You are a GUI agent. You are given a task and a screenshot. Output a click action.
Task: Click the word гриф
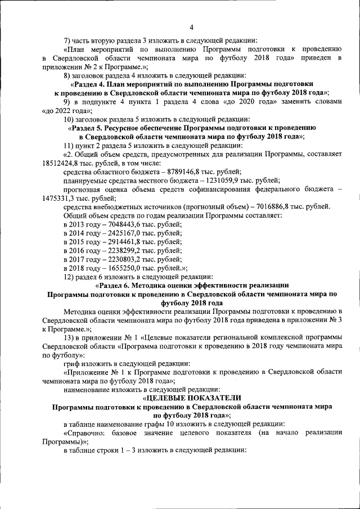72,363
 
